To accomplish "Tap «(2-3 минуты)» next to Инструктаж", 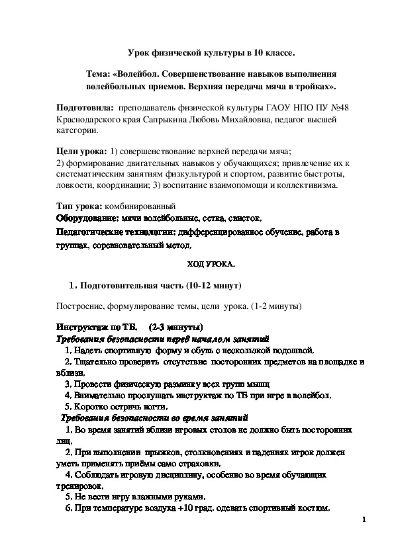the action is click(175, 327).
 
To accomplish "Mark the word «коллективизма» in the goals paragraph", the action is click(304, 185).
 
